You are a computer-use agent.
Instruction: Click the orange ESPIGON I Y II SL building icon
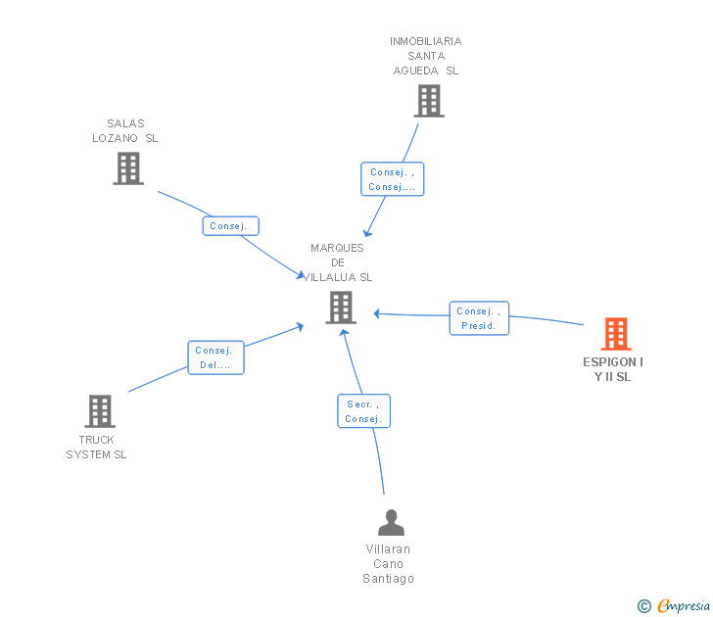[x=615, y=334]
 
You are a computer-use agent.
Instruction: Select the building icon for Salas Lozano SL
[x=127, y=167]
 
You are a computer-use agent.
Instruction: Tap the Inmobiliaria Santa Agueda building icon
[x=428, y=100]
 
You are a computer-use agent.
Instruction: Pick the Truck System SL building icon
[x=100, y=410]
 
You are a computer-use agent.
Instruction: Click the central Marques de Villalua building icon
[x=340, y=308]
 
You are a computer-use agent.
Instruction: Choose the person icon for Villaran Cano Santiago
[x=391, y=522]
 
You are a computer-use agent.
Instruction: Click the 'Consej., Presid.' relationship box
[x=479, y=318]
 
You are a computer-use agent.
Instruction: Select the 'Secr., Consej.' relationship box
[x=363, y=411]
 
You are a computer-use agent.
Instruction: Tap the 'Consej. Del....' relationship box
[x=215, y=357]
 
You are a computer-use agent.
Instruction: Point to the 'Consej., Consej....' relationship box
[x=392, y=179]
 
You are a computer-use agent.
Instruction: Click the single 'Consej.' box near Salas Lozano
[x=231, y=226]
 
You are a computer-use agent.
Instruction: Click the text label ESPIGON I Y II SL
[x=614, y=369]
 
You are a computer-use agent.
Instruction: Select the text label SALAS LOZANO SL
[x=125, y=131]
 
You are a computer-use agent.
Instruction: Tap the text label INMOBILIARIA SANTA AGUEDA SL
[x=426, y=56]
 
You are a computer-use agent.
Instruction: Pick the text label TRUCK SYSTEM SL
[x=97, y=447]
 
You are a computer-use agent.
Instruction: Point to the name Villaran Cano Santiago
[x=389, y=563]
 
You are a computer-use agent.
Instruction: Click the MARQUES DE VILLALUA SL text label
[x=338, y=262]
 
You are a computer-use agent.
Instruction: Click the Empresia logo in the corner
[x=684, y=606]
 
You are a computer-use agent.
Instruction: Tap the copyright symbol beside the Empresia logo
[x=644, y=606]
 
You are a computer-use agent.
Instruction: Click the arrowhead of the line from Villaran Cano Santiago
[x=343, y=333]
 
